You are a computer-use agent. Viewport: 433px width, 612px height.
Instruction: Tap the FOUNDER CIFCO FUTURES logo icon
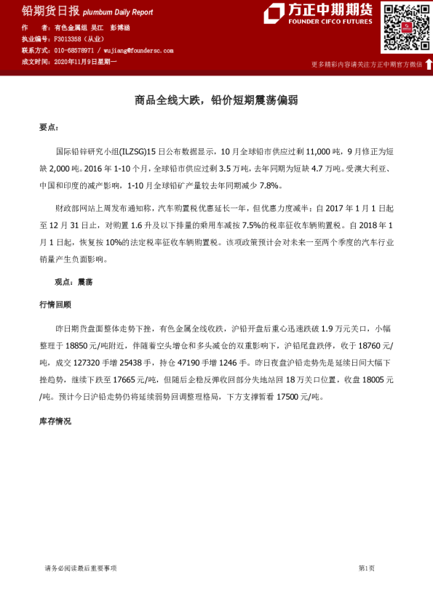click(274, 13)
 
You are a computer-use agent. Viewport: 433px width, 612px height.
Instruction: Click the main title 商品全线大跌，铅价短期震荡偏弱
click(216, 100)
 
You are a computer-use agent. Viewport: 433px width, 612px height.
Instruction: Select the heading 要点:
click(49, 128)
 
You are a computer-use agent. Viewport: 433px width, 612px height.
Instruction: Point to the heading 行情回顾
click(55, 305)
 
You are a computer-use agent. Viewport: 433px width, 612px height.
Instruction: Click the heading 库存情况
click(55, 422)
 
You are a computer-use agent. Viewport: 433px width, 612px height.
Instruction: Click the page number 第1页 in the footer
click(366, 568)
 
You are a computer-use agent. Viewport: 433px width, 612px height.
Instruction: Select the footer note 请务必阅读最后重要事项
click(81, 568)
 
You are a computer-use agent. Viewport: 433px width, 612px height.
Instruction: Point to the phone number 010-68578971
click(74, 51)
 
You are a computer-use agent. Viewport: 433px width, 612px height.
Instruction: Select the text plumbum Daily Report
click(118, 12)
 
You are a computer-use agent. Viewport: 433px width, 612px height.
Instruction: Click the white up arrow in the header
click(429, 64)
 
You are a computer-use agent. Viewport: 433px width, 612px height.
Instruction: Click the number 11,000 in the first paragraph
click(319, 153)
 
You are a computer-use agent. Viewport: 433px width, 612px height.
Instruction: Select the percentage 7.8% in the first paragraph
click(269, 188)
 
